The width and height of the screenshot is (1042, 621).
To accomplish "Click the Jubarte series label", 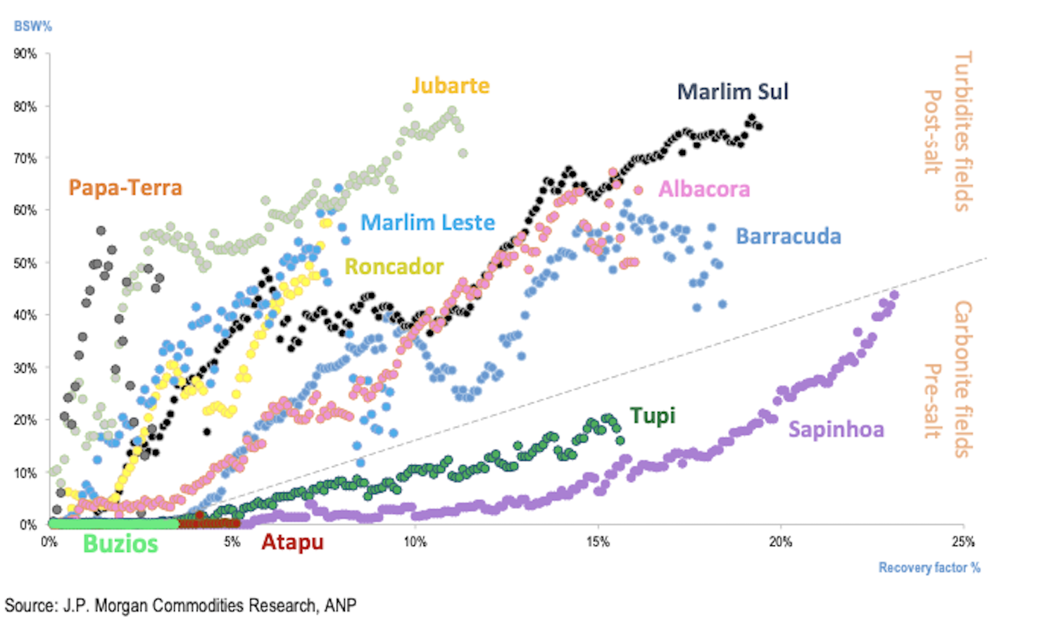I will coord(450,85).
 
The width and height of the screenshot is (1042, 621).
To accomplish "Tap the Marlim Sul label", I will coord(733,92).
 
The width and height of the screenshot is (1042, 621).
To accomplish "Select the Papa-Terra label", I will coord(125,188).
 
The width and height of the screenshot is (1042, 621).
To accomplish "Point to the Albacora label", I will coord(704,189).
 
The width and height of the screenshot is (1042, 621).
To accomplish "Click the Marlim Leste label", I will coord(427,222).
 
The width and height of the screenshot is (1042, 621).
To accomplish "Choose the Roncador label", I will coord(393,267).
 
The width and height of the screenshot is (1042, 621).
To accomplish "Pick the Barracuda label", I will coord(788,236).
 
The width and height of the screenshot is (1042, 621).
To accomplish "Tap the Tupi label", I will coord(652,416).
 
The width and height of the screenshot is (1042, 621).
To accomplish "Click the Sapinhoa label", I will coord(836,429).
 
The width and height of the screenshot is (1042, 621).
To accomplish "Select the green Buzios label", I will coord(120,543).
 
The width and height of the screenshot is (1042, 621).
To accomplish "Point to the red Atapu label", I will coord(292,542).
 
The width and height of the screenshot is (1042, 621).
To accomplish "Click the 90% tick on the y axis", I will coord(25,53).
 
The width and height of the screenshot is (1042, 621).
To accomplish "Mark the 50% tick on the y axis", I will coord(25,263).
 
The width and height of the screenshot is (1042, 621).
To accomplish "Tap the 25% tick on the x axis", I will coord(963,542).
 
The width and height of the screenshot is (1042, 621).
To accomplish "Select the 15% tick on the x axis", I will coord(598,542).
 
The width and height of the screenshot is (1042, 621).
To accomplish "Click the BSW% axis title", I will coord(33,26).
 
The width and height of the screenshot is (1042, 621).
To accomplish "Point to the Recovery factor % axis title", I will coord(929,568).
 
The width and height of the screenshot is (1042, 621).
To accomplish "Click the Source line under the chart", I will coord(180,605).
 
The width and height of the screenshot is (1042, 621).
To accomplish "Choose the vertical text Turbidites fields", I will coord(963,132).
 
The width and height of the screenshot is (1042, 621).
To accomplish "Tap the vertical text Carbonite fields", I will coord(963,379).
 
